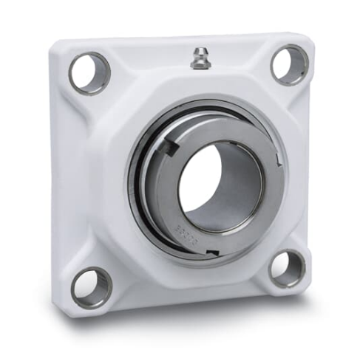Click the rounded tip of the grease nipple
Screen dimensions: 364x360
point(198,49)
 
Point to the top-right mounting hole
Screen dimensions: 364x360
point(289,64)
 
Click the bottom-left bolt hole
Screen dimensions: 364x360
point(92,286)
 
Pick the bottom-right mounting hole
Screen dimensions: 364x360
point(286,268)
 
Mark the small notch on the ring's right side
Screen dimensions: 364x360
point(278,160)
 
